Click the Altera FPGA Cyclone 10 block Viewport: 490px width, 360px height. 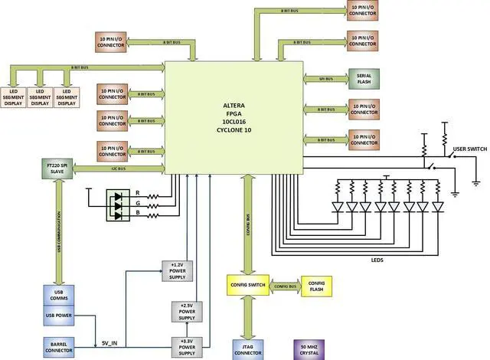234,115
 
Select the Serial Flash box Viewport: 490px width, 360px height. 364,79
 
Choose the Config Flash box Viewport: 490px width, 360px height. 316,286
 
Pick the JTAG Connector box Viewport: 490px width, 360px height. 247,349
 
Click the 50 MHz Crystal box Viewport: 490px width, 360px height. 309,349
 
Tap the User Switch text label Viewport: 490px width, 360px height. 470,148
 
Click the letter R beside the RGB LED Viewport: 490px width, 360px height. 136,192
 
